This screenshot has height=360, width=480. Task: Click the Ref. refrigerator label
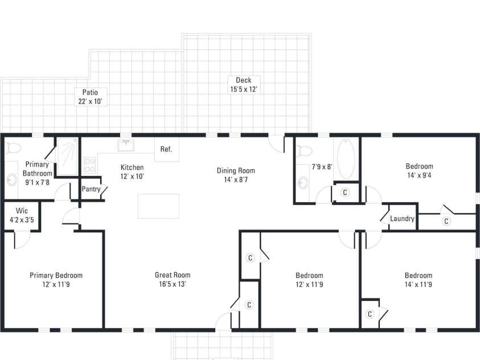166,149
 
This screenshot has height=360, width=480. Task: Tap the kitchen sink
126,145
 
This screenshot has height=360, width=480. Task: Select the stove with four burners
90,165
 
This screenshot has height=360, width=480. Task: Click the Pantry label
91,189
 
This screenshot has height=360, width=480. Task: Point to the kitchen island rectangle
158,206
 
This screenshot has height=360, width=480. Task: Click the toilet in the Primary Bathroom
13,149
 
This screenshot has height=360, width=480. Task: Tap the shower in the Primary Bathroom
67,157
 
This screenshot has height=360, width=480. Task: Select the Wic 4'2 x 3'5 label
22,215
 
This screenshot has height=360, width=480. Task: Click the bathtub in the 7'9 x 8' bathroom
346,159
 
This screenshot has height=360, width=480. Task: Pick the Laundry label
402,219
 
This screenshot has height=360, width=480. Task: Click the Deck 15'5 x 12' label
244,85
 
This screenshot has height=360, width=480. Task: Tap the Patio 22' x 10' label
90,97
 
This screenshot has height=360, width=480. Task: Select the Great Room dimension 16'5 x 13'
173,284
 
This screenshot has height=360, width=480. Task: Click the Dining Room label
236,170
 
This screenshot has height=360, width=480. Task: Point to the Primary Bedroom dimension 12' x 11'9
56,284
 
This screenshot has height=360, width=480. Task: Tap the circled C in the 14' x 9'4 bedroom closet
446,221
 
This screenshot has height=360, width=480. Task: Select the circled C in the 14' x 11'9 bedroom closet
370,314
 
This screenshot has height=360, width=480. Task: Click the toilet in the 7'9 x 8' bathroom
304,150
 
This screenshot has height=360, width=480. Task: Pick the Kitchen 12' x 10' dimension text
132,177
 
